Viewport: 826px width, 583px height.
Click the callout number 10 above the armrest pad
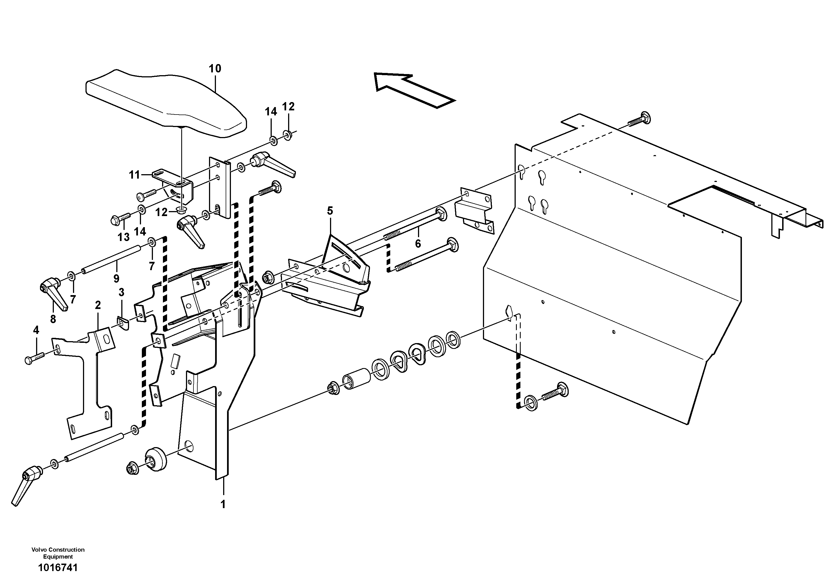pos(215,68)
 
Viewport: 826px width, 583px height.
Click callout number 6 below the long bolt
pos(418,244)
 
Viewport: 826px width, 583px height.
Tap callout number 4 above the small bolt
pos(36,330)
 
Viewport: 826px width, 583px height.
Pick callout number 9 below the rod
pos(116,278)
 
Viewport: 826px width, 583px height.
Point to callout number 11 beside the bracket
pos(135,175)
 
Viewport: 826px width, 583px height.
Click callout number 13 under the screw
pos(124,237)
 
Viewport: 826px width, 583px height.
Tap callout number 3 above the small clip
pos(121,292)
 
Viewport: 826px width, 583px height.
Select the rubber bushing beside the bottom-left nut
pos(155,459)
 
